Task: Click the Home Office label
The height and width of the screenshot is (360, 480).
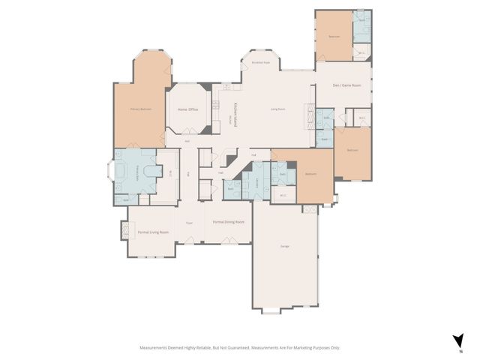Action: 187,110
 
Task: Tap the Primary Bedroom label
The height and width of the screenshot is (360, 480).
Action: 141,109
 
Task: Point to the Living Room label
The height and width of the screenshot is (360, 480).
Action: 277,109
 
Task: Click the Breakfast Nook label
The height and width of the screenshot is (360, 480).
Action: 261,63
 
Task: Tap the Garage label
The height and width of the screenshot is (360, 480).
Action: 285,247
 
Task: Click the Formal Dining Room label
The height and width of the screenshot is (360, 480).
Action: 229,222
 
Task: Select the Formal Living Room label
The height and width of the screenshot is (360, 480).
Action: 153,232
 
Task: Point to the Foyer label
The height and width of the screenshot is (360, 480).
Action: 190,222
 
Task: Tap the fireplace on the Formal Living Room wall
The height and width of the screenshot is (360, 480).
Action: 124,232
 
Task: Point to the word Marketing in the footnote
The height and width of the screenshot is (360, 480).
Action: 297,347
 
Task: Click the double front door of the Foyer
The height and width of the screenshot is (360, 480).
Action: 190,243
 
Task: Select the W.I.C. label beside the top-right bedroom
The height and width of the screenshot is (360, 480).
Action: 361,53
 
